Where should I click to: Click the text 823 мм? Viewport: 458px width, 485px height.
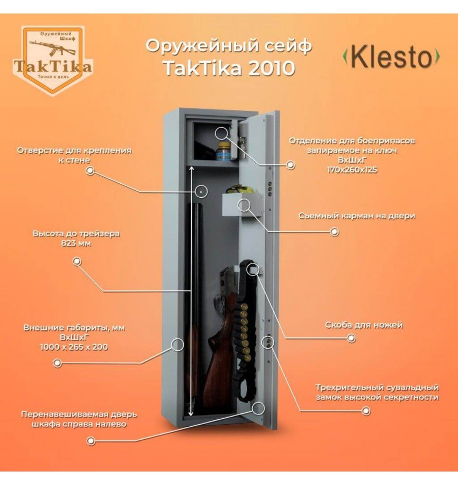point(76,244)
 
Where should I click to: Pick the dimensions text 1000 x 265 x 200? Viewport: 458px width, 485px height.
point(74,347)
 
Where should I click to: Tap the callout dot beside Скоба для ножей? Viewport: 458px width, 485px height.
point(351,338)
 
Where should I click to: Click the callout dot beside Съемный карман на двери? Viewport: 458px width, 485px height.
point(335,232)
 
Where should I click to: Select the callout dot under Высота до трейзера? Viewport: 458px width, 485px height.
point(77,261)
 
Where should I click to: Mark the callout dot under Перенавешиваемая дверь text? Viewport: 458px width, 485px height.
point(91,441)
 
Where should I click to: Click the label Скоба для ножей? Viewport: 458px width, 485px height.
point(364,325)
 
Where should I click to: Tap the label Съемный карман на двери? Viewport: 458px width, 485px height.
point(357,216)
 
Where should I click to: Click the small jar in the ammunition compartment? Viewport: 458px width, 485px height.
point(222,153)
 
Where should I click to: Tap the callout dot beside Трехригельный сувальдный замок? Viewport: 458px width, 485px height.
point(366,411)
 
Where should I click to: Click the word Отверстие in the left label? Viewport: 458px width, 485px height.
point(40,150)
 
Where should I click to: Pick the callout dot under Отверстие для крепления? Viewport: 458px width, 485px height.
point(91,171)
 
